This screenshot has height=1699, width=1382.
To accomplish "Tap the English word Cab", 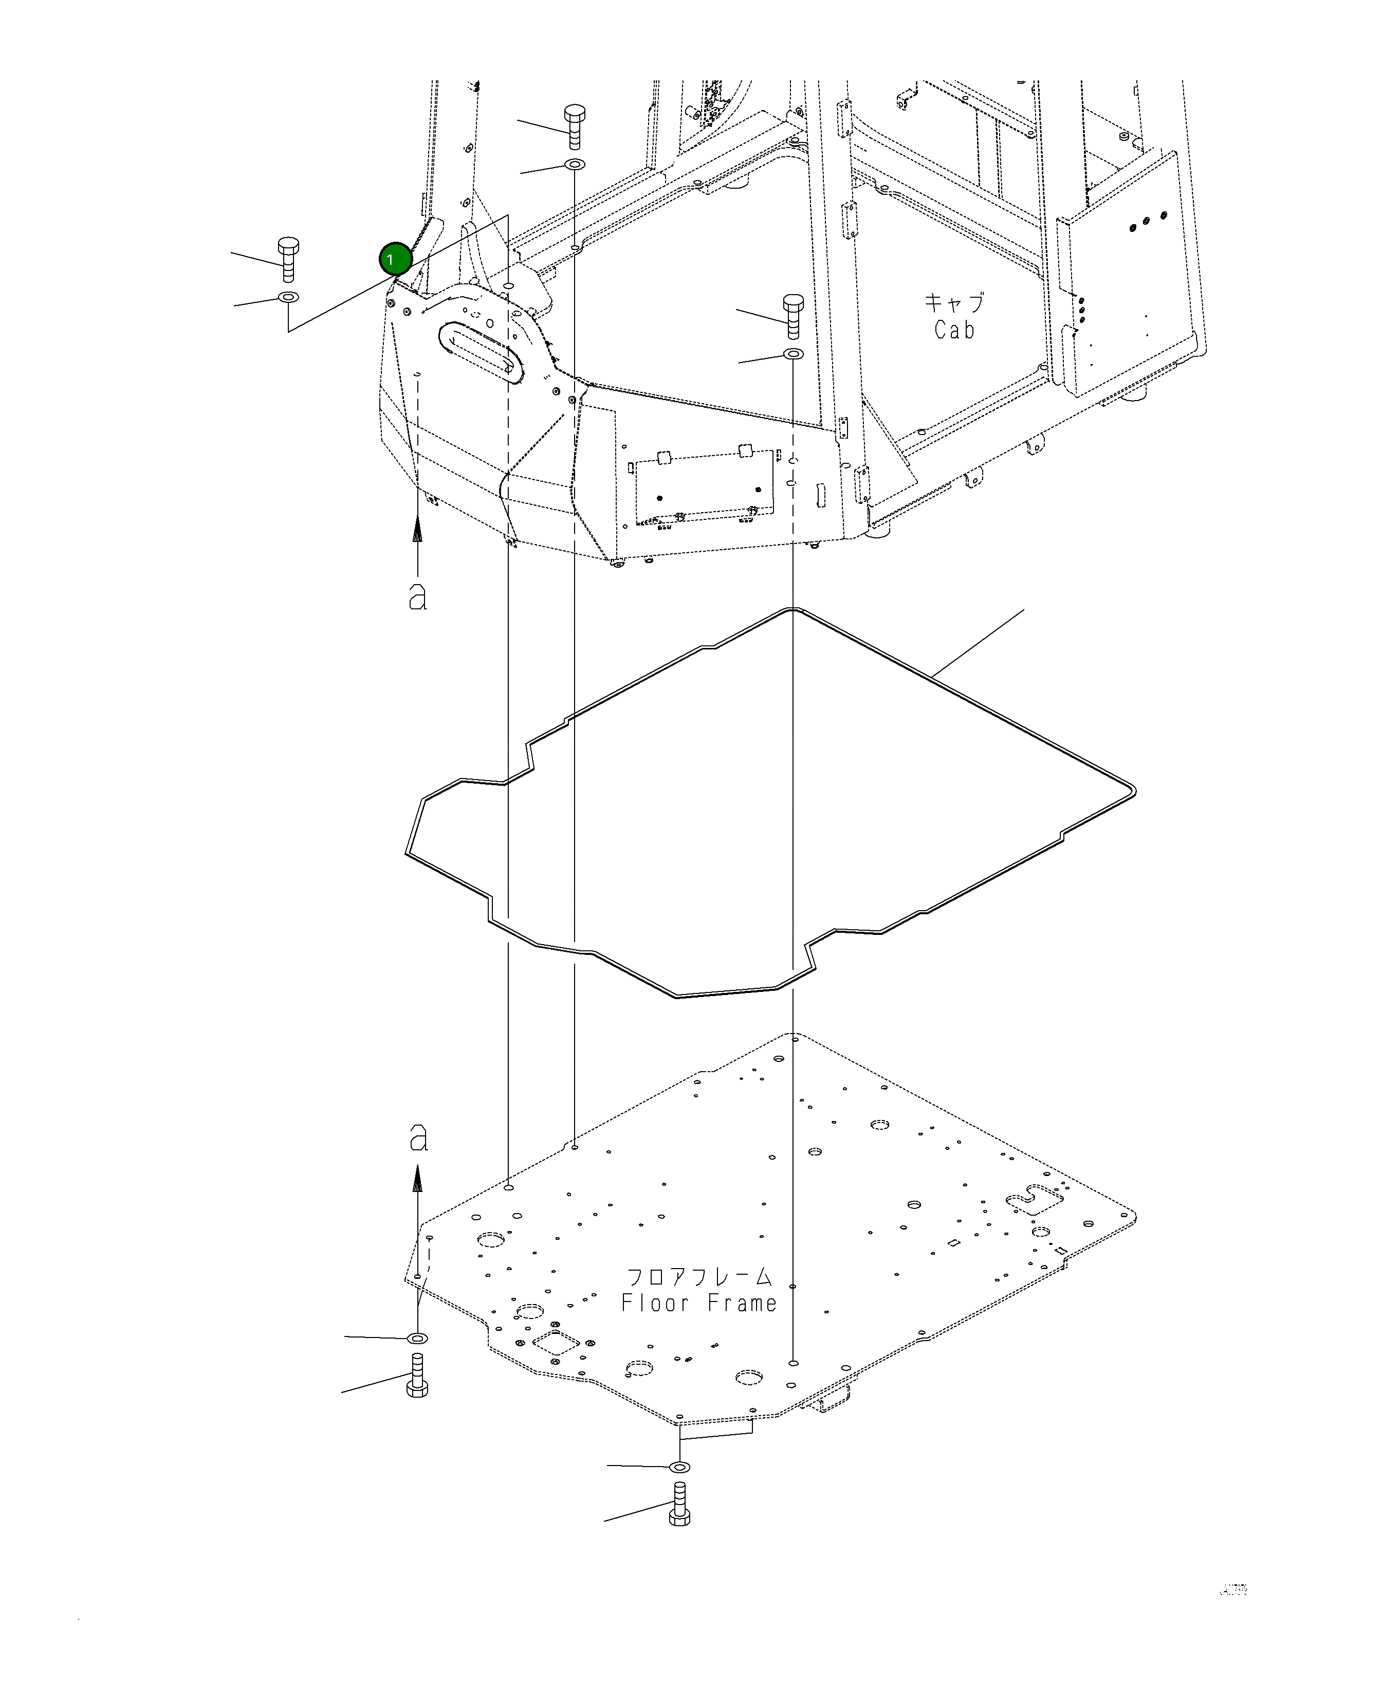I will coord(954,330).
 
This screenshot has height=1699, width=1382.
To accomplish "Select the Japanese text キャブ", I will coord(954,303).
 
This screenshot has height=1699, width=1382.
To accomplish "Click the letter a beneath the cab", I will coord(418,596).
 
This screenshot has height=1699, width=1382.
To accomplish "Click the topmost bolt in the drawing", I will coord(574,126).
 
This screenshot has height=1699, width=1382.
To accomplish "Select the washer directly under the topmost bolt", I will coord(575,164).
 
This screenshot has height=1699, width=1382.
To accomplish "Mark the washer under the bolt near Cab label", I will coord(794,353).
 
